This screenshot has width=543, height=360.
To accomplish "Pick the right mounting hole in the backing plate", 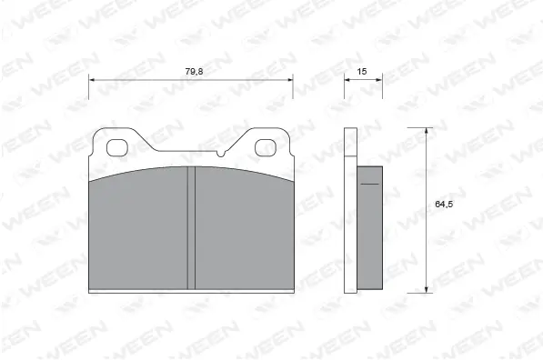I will coord(265,145).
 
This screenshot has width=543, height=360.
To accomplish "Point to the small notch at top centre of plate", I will coord(222,154).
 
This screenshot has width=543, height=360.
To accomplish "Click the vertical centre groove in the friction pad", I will coord(192,227).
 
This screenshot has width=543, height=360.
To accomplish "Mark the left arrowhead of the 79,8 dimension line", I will coord(92,80).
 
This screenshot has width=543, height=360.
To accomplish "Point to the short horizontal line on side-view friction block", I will coord(368,184).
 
